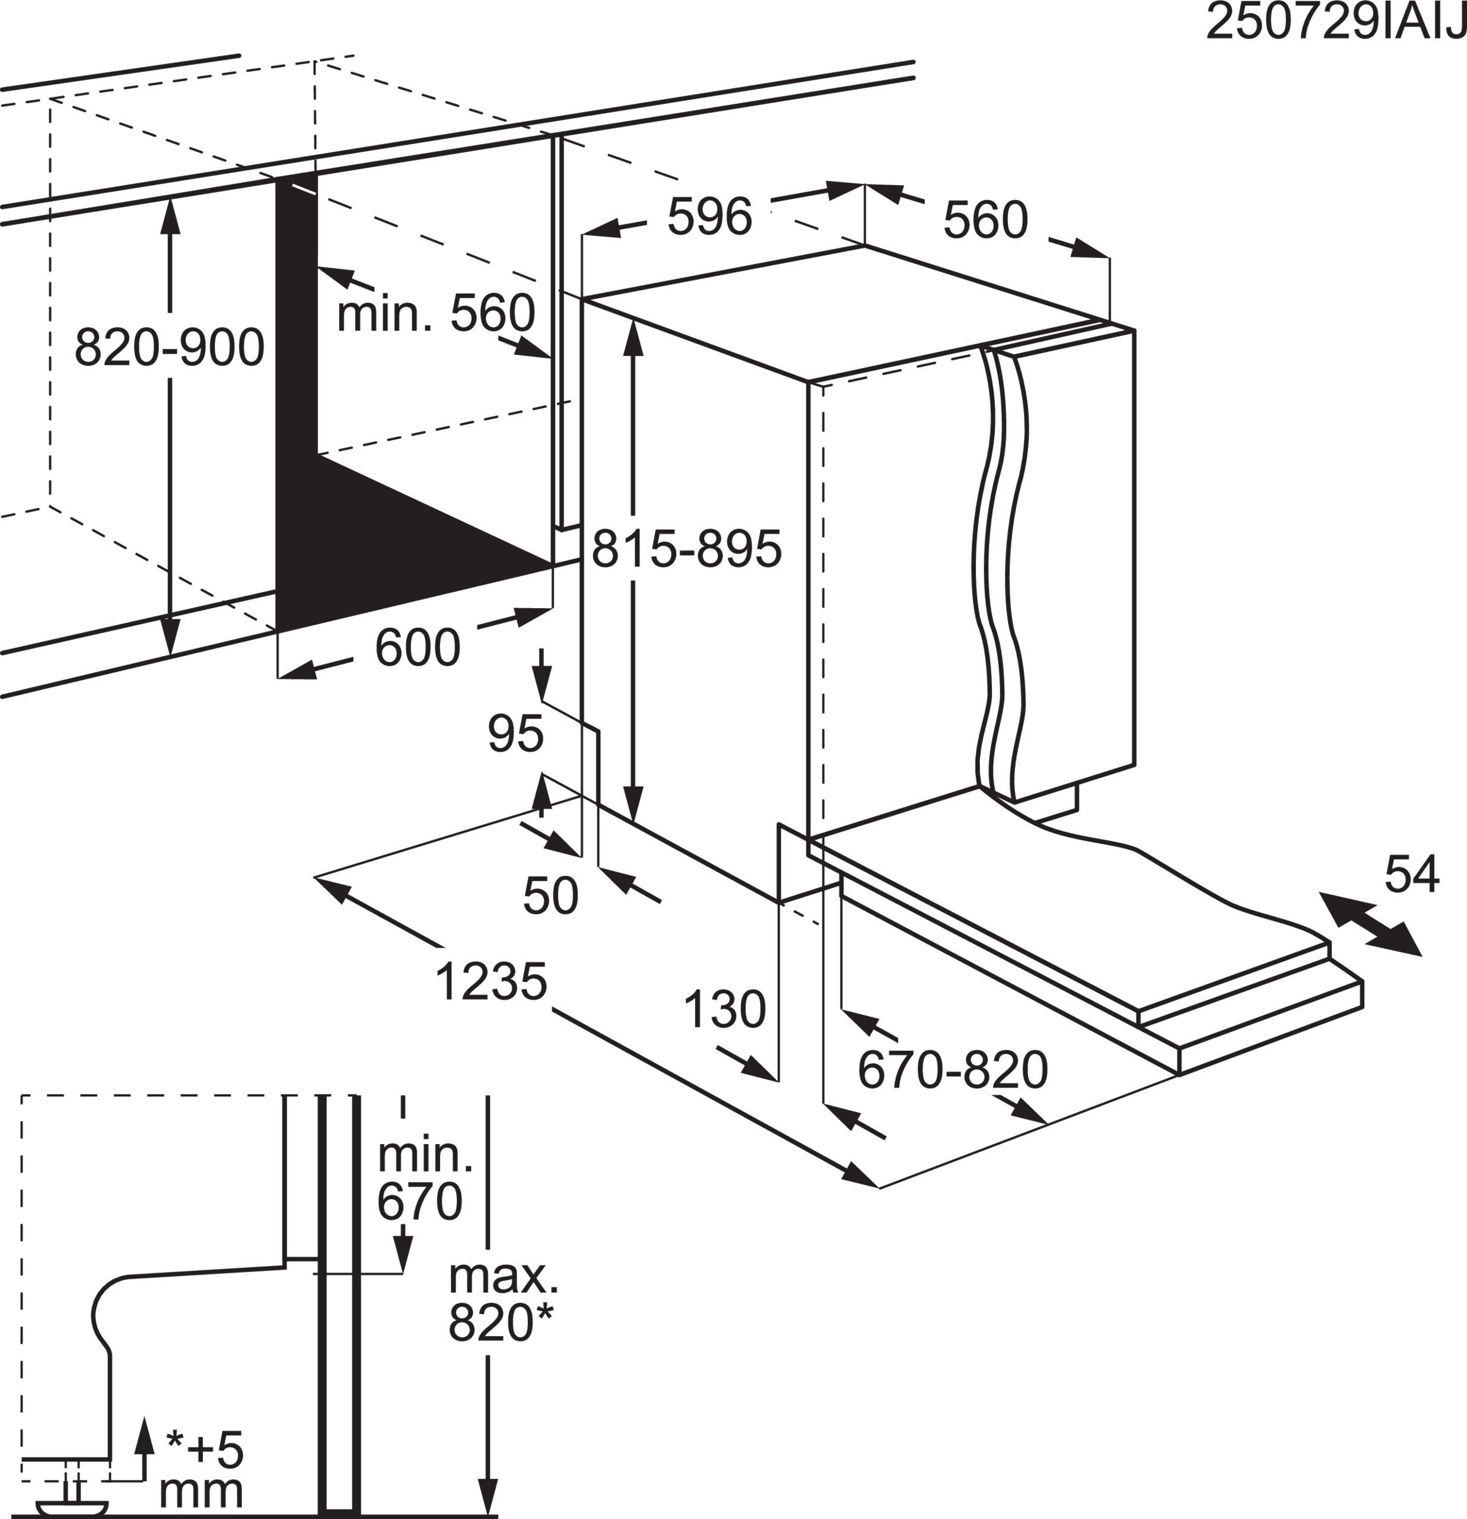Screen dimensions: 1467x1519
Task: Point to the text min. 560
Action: pyautogui.click(x=435, y=313)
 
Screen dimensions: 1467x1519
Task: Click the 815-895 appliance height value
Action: pyautogui.click(x=686, y=549)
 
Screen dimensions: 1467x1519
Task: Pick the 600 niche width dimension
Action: pyautogui.click(x=417, y=647)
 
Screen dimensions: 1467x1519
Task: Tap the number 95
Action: pyautogui.click(x=515, y=733)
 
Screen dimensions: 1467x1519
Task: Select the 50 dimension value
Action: pyautogui.click(x=550, y=895)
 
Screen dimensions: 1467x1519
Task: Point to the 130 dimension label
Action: pyautogui.click(x=724, y=1009)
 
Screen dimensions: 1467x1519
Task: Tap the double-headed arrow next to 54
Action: pyautogui.click(x=1370, y=924)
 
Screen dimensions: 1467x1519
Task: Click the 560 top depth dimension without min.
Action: pyautogui.click(x=985, y=220)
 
